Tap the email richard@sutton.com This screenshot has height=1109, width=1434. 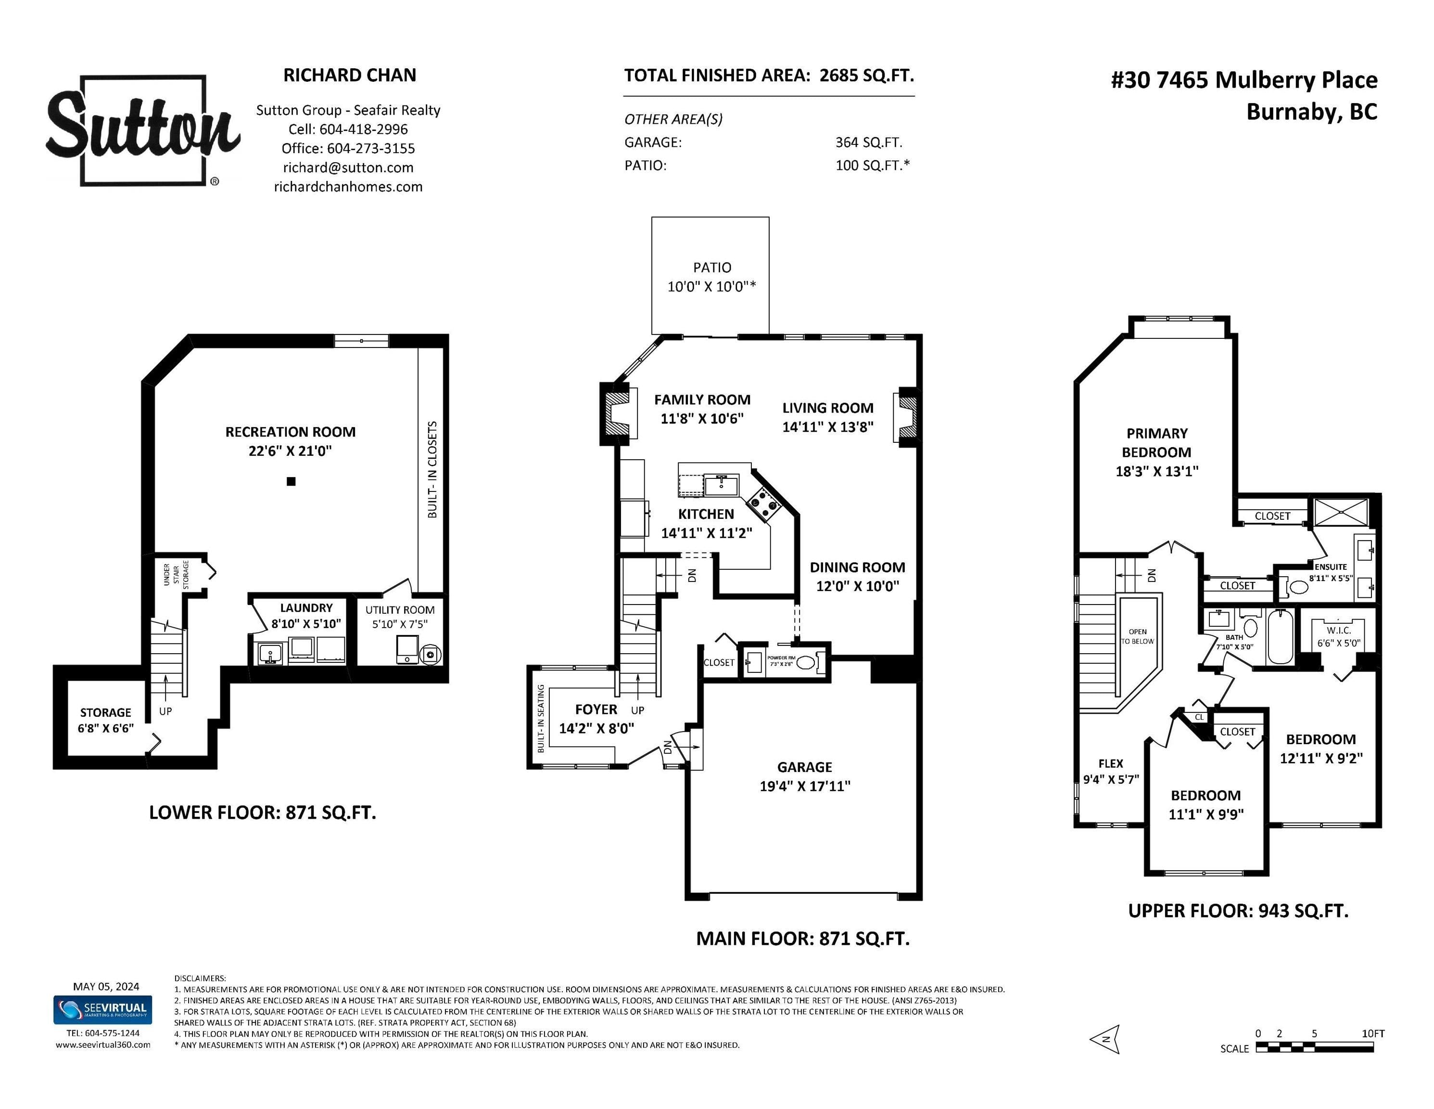pyautogui.click(x=348, y=168)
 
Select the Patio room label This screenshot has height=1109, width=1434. pyautogui.click(x=712, y=268)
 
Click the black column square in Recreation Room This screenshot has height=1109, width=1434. pyautogui.click(x=291, y=481)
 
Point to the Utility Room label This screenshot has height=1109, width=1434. pyautogui.click(x=400, y=610)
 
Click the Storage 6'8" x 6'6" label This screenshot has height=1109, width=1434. pyautogui.click(x=106, y=720)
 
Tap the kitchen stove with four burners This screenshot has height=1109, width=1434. pyautogui.click(x=763, y=504)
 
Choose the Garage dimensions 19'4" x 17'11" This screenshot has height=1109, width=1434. pyautogui.click(x=805, y=786)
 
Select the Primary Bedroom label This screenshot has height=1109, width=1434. pyautogui.click(x=1157, y=443)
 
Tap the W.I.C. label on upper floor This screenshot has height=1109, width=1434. pyautogui.click(x=1338, y=630)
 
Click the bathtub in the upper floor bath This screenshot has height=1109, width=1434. pyautogui.click(x=1279, y=637)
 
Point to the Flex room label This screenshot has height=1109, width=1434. pyautogui.click(x=1110, y=763)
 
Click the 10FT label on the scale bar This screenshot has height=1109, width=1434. pyautogui.click(x=1373, y=1033)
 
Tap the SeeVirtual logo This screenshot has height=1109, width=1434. pyautogui.click(x=102, y=1010)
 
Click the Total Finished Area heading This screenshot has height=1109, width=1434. pyautogui.click(x=769, y=76)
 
